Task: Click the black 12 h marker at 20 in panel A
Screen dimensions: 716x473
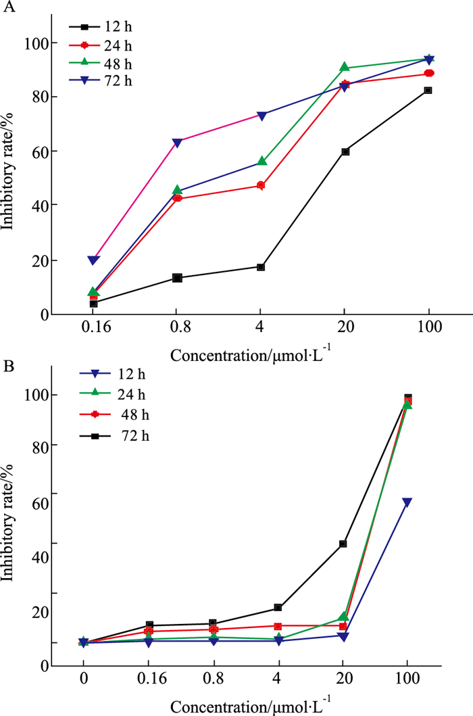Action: point(345,151)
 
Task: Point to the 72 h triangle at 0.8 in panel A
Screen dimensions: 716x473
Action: point(177,142)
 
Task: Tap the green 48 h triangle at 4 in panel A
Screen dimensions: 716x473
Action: point(261,162)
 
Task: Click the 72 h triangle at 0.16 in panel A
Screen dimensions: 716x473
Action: point(93,260)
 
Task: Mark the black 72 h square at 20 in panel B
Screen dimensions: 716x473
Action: point(343,544)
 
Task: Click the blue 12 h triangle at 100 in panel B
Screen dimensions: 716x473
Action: point(407,502)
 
